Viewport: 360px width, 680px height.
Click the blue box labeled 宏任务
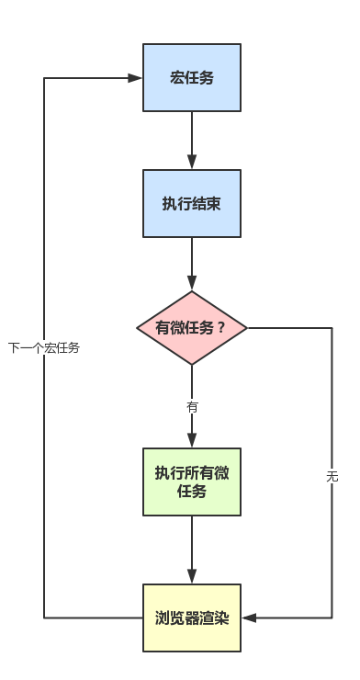click(x=192, y=77)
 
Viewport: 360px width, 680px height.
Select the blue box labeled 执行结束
click(x=192, y=203)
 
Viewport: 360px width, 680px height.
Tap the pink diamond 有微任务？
click(x=192, y=328)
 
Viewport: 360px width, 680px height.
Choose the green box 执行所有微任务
click(x=192, y=482)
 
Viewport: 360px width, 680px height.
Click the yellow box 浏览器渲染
click(x=192, y=617)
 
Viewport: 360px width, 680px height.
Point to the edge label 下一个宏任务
click(x=44, y=348)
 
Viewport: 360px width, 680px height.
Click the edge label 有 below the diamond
click(x=192, y=405)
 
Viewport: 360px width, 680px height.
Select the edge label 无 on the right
click(x=332, y=476)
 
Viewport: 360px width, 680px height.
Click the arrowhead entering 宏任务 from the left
click(x=137, y=78)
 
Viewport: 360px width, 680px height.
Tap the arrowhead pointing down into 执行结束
click(x=192, y=164)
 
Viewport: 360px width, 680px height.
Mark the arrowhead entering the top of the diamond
click(x=192, y=286)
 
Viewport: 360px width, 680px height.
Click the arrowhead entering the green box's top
click(x=192, y=442)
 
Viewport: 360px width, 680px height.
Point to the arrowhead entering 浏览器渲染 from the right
click(x=248, y=618)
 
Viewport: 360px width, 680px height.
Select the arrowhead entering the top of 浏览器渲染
click(x=192, y=577)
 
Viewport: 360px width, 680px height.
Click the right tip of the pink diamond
click(x=246, y=328)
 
